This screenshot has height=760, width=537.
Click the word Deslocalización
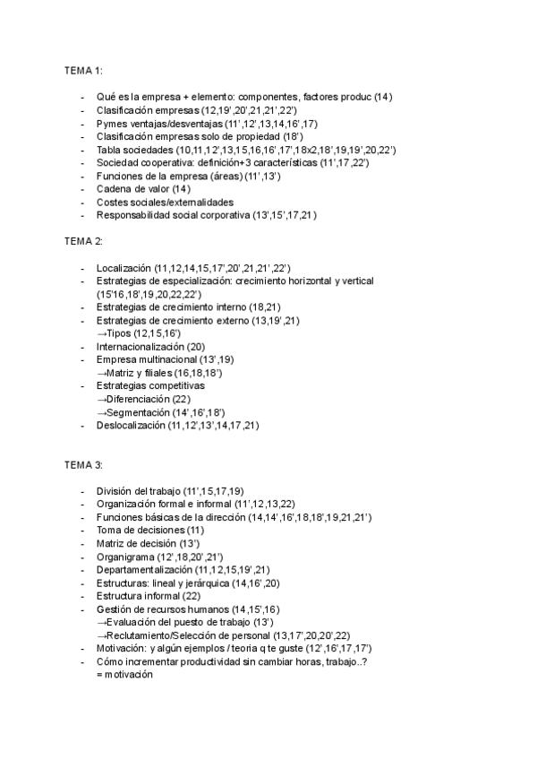130,425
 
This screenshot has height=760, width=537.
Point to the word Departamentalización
144,569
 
